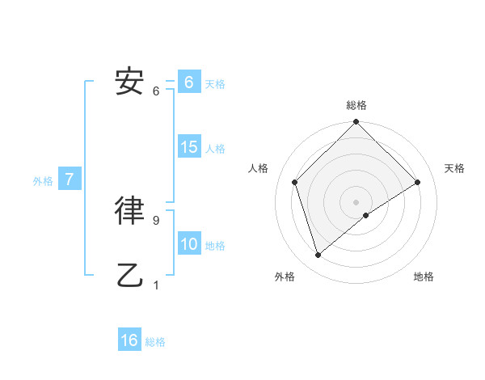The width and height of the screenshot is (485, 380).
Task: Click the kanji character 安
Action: (130, 81)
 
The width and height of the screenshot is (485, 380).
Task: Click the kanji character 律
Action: (130, 209)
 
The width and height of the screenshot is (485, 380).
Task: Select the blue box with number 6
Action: (188, 82)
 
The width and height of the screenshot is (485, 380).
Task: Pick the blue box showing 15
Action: (189, 147)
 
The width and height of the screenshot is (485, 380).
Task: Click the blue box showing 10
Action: (189, 243)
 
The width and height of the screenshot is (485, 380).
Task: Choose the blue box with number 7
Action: (70, 179)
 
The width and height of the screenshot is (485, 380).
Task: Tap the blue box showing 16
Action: (129, 340)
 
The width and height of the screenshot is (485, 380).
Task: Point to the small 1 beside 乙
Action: (156, 285)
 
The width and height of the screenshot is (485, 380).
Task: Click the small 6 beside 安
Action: (156, 91)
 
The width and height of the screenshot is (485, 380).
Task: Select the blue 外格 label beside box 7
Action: (43, 181)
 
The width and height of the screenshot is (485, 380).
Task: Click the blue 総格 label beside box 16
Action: (155, 342)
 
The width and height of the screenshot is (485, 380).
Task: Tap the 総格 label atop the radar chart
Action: (356, 105)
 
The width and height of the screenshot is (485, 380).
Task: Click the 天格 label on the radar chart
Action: (454, 168)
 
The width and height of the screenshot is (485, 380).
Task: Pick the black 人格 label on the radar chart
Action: (258, 168)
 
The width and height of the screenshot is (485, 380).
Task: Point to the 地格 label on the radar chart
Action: (424, 277)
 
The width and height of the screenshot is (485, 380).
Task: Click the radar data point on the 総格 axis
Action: (356, 123)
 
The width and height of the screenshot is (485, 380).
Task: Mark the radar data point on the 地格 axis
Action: (366, 215)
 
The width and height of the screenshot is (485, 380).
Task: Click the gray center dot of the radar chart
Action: (356, 201)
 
